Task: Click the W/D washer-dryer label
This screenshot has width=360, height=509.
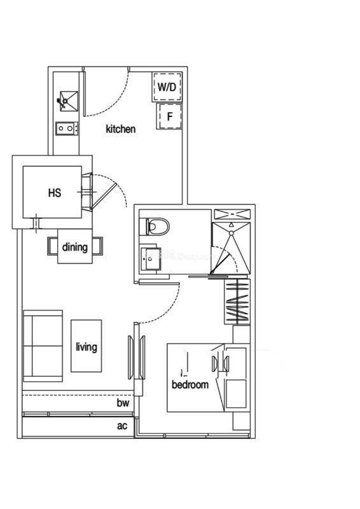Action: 167,87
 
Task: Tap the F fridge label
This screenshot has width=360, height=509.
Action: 169,116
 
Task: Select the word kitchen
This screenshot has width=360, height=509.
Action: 120,129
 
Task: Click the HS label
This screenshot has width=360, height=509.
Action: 55,193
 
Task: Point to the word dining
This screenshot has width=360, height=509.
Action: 75,247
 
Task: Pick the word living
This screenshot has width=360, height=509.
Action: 87,347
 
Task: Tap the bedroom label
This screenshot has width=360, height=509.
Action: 190,385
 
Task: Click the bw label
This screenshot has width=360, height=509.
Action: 123,403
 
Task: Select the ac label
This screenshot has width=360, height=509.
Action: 122,426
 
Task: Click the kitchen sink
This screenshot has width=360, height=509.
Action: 69,101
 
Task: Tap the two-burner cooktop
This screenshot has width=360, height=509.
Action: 67,129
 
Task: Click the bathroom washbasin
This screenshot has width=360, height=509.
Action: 151,259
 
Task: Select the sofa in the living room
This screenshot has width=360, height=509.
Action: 43,345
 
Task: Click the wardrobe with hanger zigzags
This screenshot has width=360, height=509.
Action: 237,301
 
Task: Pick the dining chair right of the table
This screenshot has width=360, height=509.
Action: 97,246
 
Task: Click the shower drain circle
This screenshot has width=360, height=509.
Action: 231,233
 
